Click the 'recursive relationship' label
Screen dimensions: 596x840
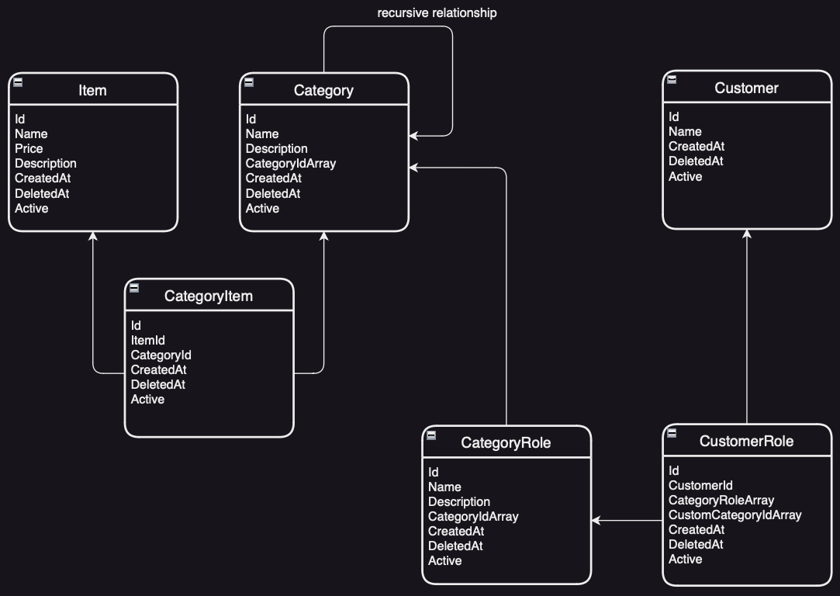click(437, 13)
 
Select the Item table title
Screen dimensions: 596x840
click(92, 90)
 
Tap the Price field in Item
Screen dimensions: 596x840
click(29, 148)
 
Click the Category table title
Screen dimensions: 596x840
click(323, 90)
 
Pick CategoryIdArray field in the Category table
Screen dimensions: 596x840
click(290, 163)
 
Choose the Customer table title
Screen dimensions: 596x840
click(746, 88)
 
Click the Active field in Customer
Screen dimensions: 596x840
click(685, 176)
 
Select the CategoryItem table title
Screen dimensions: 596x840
click(209, 296)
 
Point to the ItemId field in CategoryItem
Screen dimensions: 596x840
click(147, 340)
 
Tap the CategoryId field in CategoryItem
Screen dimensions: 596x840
click(161, 355)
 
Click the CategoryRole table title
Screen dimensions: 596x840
click(506, 442)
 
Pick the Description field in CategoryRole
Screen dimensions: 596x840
click(458, 501)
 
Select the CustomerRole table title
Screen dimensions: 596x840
click(746, 441)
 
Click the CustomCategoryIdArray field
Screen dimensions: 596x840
click(735, 515)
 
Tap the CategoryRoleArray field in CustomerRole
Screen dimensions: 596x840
click(721, 500)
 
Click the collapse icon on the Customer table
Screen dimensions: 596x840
click(672, 79)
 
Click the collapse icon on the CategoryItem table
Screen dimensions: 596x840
click(134, 287)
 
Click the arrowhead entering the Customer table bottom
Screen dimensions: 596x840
click(747, 234)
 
